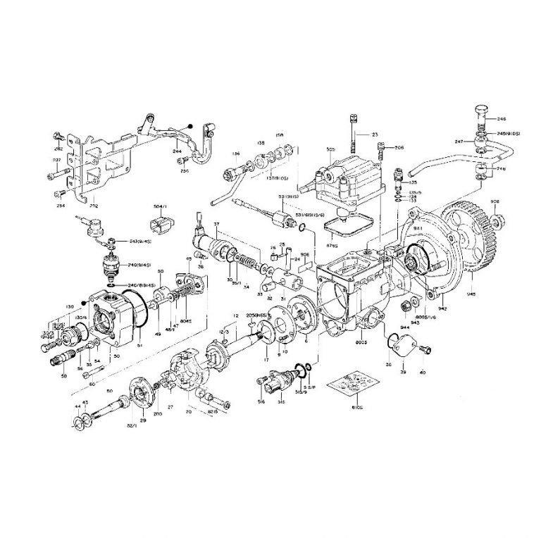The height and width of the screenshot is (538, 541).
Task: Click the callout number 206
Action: coord(399,147)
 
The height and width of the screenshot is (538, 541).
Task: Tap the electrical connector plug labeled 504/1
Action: coord(160,226)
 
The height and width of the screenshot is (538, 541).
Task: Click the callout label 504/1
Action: coord(160,206)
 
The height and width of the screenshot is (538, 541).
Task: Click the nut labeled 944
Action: coord(406,307)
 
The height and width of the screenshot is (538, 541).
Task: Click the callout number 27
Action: coord(170,407)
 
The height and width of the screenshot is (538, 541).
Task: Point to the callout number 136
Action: coord(217,154)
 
